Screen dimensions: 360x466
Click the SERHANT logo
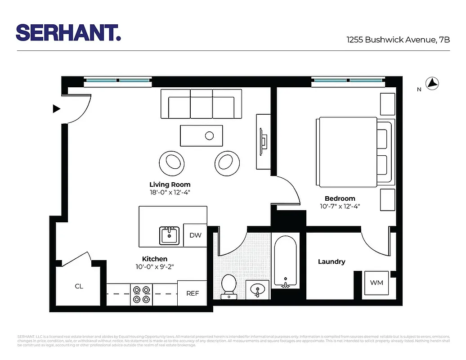click(68, 33)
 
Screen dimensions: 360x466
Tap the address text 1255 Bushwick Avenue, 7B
click(398, 40)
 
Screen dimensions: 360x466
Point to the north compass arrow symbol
click(432, 83)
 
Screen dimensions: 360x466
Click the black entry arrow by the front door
click(57, 108)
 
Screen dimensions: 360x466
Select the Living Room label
click(170, 184)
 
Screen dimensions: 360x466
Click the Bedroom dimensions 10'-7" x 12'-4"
click(340, 207)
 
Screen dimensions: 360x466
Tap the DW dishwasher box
click(195, 235)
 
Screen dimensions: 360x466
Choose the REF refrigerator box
click(193, 293)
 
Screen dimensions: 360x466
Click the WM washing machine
click(376, 283)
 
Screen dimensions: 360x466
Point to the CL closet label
click(79, 286)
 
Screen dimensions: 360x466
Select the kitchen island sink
click(169, 235)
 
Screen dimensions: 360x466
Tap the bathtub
click(285, 262)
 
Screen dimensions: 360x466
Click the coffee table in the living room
click(201, 135)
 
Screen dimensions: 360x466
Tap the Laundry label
click(332, 261)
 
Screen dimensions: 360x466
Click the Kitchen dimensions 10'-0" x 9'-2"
click(155, 266)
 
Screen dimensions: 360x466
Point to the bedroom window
click(348, 81)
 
